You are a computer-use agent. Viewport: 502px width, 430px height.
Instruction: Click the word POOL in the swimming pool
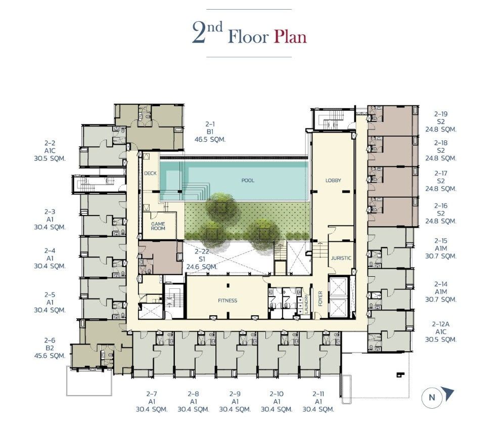point(248,181)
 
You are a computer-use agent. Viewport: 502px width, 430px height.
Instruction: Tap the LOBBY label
point(333,181)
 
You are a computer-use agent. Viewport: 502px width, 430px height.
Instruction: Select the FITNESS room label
point(227,300)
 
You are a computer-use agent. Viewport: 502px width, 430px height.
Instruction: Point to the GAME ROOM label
point(158,226)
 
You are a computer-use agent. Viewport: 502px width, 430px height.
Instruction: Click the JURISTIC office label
point(341,258)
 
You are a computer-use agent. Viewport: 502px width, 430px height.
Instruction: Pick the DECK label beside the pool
point(150,174)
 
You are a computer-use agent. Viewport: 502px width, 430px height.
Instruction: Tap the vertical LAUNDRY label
point(306,304)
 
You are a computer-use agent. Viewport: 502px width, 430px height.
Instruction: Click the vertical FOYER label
point(321,298)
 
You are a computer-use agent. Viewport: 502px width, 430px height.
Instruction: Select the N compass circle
point(432,398)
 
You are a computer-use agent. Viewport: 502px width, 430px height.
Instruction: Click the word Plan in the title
point(290,37)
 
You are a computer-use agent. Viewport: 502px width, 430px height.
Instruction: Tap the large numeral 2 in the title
point(199,33)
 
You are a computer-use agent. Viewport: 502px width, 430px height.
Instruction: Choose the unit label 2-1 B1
point(210,128)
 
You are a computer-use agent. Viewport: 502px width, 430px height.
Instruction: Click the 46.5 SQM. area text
point(210,140)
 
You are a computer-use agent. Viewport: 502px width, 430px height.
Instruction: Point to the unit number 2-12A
point(440,324)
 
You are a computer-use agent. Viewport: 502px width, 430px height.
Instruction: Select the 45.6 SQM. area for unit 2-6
point(50,356)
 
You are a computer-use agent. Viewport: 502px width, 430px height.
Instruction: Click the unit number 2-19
point(441,114)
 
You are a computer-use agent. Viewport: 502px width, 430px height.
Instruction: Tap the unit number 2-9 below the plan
point(235,394)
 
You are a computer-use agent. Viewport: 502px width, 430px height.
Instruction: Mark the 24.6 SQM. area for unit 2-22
point(202,267)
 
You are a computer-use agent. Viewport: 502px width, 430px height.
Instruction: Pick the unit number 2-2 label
point(50,143)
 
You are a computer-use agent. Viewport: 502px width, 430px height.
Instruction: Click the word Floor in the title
point(248,37)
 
